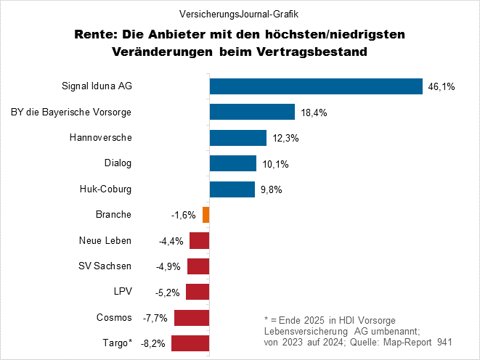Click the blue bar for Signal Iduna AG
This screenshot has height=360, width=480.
coord(316,86)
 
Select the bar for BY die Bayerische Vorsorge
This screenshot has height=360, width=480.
coord(252,112)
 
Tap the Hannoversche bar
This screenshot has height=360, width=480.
coord(237,137)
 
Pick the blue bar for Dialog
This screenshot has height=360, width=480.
coord(233,163)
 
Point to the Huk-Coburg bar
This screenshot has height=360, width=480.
coord(232,189)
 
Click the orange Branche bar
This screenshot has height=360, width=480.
coord(206,215)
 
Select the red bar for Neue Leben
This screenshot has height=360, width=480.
coord(200,240)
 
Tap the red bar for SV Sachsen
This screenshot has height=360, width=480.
coord(198,266)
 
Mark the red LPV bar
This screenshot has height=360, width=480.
coord(198,292)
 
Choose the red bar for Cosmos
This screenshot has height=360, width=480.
coord(192,317)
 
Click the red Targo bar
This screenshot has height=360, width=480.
coord(190,343)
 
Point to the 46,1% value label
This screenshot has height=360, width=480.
coord(442,87)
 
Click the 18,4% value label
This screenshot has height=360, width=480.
coord(313,112)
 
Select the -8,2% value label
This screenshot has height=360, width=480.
coord(153,344)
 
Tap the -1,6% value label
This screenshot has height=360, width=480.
coord(184,216)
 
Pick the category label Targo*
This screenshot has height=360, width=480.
coord(114,343)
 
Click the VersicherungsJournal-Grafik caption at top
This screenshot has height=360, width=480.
coord(239,14)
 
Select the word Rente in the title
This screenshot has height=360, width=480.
coord(94,34)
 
